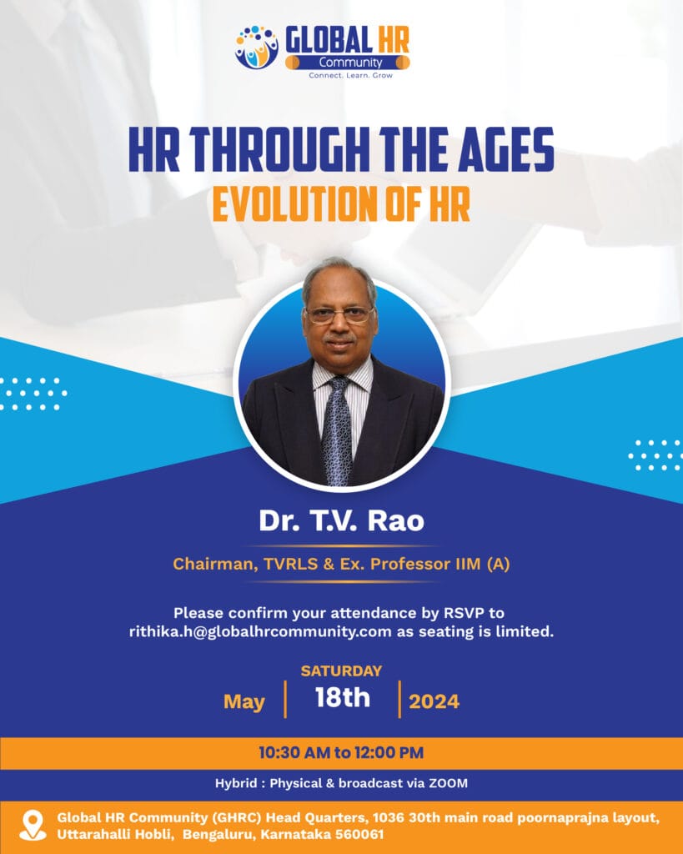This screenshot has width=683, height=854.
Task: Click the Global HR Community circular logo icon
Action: (x=257, y=47)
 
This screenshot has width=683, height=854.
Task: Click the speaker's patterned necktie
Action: (x=338, y=430)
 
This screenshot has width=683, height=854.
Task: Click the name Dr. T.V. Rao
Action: (x=342, y=520)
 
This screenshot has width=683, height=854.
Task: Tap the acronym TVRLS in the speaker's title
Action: (x=291, y=564)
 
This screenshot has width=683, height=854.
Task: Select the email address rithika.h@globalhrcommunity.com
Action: (x=260, y=632)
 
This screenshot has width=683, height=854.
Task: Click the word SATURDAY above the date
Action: (x=342, y=671)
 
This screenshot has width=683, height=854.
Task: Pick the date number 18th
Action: (x=343, y=698)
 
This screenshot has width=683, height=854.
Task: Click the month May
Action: (x=244, y=702)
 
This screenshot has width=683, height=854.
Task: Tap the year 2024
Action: (x=434, y=701)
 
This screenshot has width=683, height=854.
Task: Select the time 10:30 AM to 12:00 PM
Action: (x=342, y=753)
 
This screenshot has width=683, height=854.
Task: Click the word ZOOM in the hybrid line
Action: (x=449, y=783)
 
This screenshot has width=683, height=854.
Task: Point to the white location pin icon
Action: (x=33, y=825)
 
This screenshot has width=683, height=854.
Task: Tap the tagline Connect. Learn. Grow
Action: (x=351, y=75)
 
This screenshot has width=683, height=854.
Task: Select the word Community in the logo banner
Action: (x=351, y=63)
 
